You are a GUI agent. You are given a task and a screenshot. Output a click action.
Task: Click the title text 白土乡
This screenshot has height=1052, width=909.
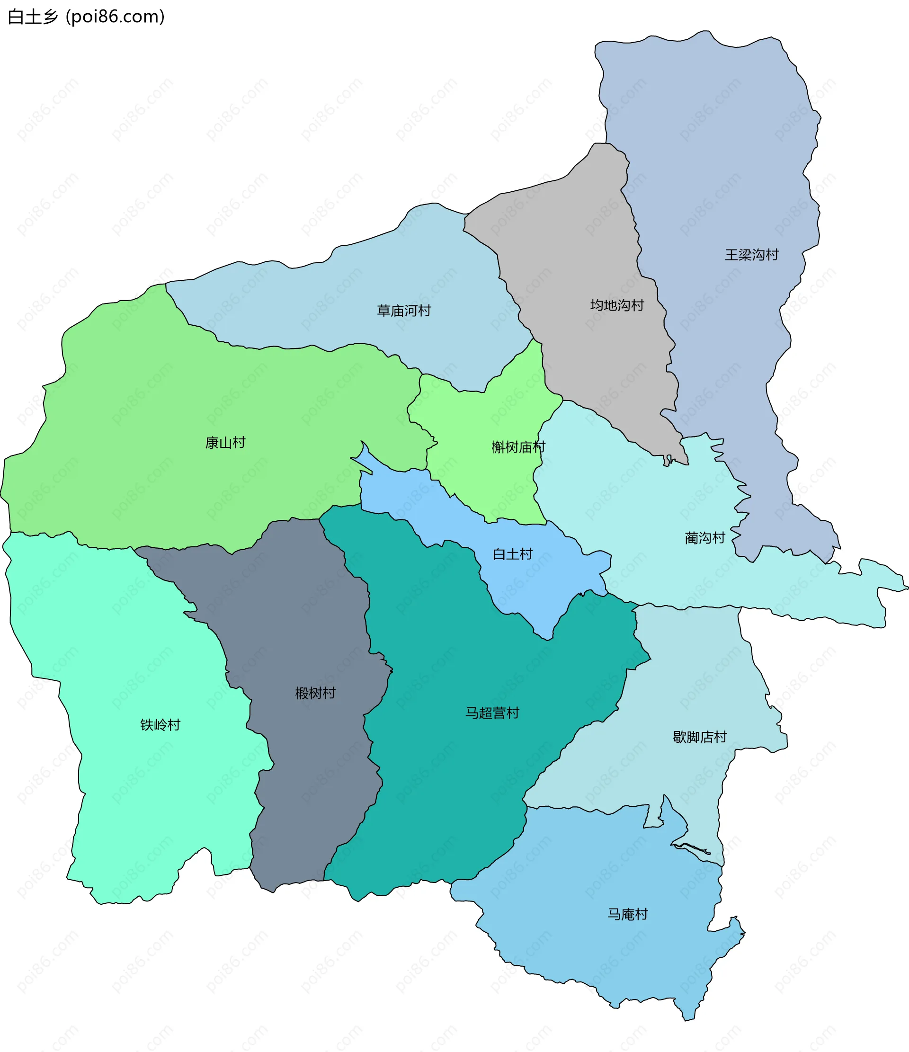33,17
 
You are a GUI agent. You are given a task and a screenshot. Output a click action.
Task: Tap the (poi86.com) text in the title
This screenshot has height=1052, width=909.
115,17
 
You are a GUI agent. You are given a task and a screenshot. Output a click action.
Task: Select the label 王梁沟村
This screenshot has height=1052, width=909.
751,255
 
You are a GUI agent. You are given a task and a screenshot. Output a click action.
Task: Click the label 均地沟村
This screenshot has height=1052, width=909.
617,305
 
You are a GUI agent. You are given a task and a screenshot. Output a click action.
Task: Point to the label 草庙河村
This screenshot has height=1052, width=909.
404,311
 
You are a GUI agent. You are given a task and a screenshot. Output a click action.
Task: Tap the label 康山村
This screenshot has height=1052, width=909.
225,443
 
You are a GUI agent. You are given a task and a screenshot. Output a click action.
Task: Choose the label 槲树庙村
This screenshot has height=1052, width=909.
518,447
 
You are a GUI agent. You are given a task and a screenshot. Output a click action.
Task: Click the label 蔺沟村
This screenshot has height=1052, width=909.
705,538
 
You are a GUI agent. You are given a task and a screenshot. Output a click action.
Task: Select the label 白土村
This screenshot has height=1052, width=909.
512,554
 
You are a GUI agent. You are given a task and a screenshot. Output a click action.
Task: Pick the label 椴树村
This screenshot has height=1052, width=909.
315,693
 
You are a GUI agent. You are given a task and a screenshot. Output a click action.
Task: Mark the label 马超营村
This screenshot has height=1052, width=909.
492,713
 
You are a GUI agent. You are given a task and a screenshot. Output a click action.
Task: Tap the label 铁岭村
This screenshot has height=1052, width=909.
160,724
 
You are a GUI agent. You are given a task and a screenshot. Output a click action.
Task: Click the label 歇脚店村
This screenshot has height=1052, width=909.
700,737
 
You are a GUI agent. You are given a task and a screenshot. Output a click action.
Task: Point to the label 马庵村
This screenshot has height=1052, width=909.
628,914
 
